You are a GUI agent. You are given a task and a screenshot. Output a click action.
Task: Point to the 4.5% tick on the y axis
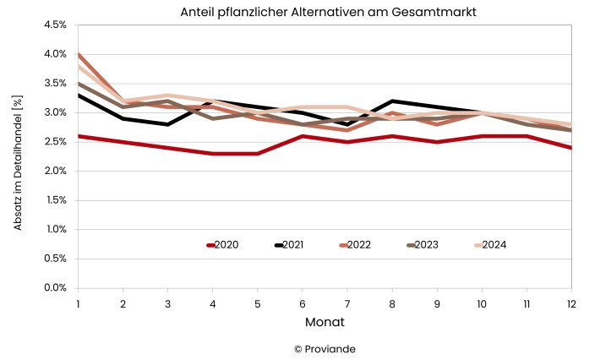tap(55, 25)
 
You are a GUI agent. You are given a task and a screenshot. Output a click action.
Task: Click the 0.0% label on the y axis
tap(55, 288)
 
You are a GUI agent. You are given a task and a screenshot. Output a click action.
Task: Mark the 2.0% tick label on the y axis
tap(55, 172)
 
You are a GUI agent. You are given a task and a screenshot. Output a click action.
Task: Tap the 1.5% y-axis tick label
tap(55, 200)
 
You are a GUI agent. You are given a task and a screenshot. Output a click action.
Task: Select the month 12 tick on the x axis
tap(571, 303)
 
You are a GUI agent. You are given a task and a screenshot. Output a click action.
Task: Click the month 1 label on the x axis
tap(78, 303)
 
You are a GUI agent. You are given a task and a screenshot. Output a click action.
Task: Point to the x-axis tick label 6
tap(302, 303)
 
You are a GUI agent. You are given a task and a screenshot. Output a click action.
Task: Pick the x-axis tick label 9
tap(436, 303)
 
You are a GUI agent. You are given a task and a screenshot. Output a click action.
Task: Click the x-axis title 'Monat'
tap(325, 322)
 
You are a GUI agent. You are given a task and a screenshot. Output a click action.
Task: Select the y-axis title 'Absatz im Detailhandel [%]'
tap(18, 157)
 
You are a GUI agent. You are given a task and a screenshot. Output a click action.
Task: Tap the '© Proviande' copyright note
tap(325, 348)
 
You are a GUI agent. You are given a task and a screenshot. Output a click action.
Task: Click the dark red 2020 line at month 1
tap(79, 136)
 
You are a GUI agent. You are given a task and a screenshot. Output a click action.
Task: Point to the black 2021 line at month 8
tap(391, 101)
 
